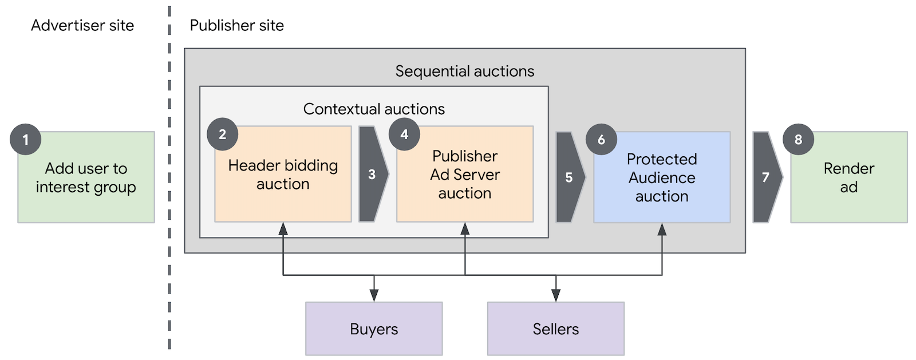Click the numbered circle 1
click(25, 140)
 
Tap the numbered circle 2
click(222, 134)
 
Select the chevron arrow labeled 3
click(372, 174)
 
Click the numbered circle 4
click(404, 134)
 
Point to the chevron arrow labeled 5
click(569, 177)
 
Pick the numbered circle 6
click(601, 140)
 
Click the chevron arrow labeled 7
click(766, 177)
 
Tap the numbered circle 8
click(798, 140)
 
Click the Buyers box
click(374, 329)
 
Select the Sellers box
click(555, 329)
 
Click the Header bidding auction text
click(283, 175)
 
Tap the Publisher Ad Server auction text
click(465, 175)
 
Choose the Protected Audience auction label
click(662, 177)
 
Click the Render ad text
click(848, 177)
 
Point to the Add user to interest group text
click(86, 177)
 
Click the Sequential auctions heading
click(464, 72)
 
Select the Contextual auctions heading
click(374, 109)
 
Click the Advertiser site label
click(82, 26)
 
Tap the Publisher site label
click(236, 26)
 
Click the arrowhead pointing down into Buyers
click(374, 295)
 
